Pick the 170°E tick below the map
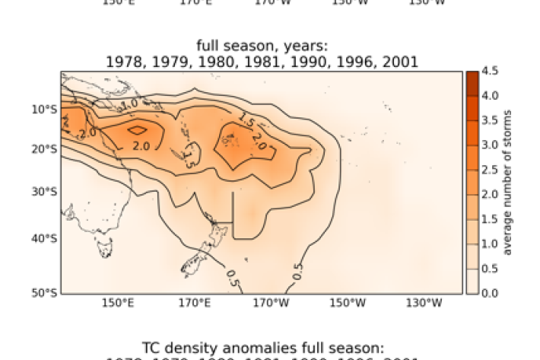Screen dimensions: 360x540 195,304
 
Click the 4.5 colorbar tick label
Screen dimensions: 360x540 491,71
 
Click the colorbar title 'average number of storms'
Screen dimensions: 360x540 509,182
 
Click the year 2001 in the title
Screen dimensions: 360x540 400,62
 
